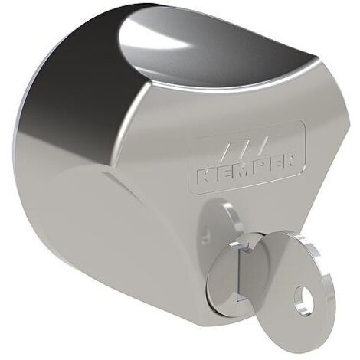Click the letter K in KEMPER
tap(205, 176)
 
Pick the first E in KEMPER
tap(221, 173)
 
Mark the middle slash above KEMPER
tap(244, 149)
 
